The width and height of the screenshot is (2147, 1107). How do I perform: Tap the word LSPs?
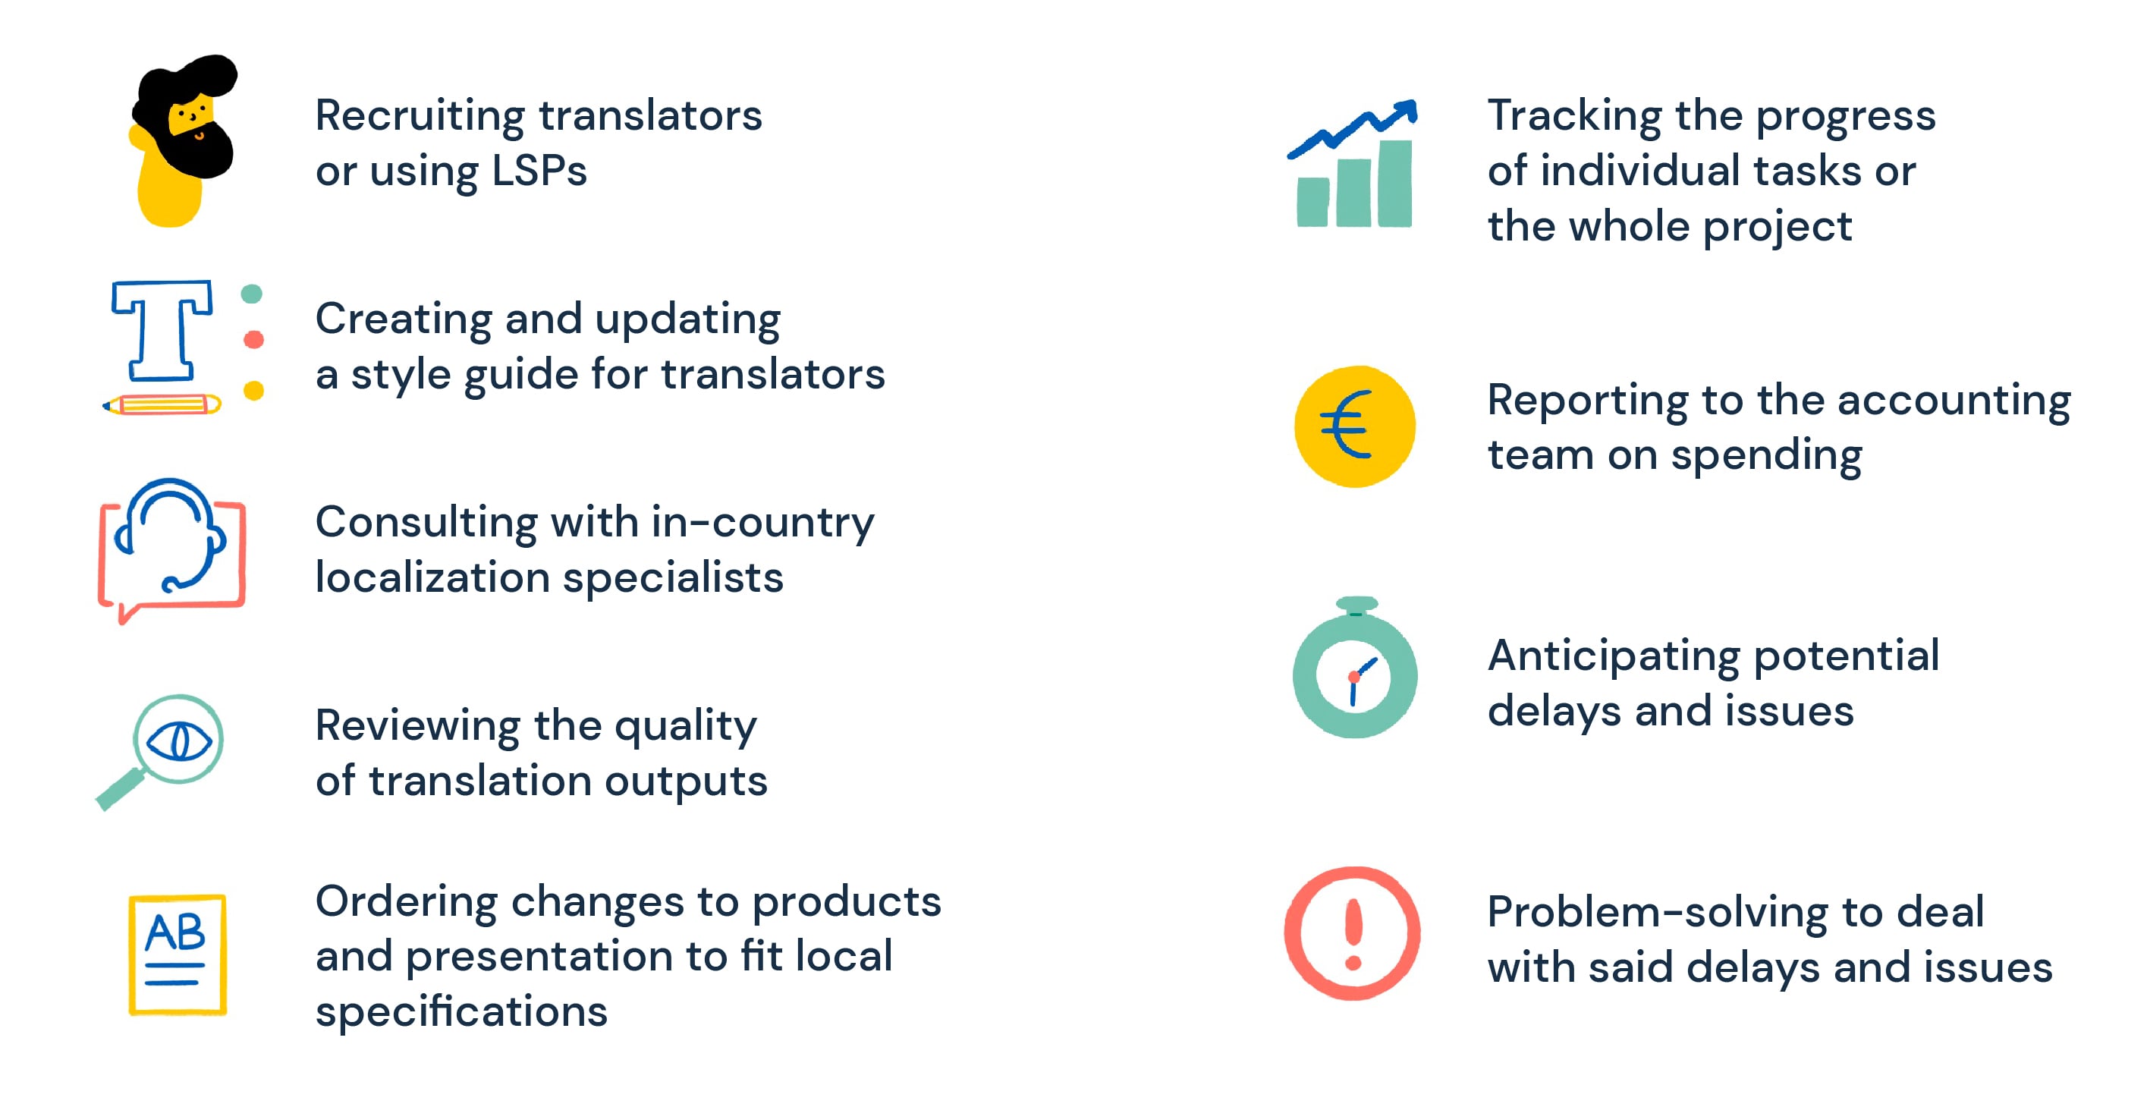pyautogui.click(x=539, y=171)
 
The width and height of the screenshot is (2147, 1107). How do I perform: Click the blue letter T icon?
pyautogui.click(x=162, y=329)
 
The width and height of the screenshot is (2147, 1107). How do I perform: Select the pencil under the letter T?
pyautogui.click(x=162, y=405)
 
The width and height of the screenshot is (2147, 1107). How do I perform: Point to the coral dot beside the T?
pyautogui.click(x=253, y=339)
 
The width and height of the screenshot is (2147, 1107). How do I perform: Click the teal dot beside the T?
pyautogui.click(x=252, y=294)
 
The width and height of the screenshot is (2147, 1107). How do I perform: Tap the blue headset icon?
pyautogui.click(x=171, y=533)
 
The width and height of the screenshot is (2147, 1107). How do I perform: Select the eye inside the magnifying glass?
pyautogui.click(x=178, y=741)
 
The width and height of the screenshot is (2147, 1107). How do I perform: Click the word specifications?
pyautogui.click(x=461, y=1011)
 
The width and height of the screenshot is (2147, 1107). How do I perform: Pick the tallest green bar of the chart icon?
pyautogui.click(x=1394, y=184)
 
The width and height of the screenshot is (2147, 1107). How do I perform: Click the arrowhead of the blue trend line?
pyautogui.click(x=1407, y=111)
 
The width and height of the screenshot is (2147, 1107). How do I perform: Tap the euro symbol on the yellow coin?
pyautogui.click(x=1345, y=425)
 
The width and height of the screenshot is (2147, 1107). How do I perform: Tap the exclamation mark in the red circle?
pyautogui.click(x=1353, y=933)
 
